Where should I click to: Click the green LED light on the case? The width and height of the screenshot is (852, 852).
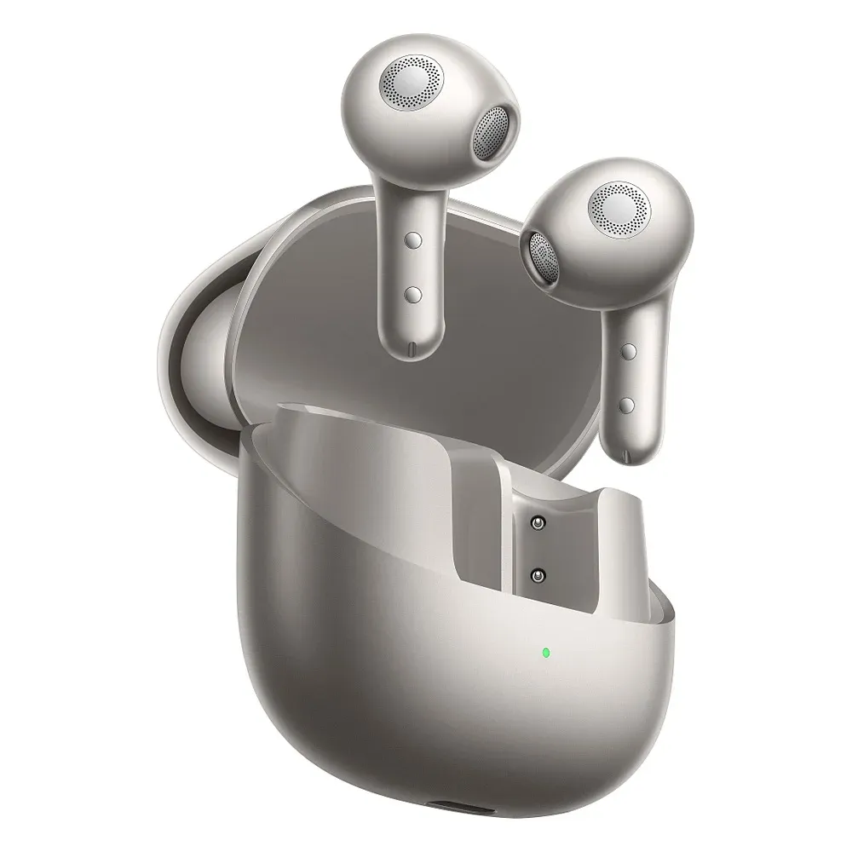pyautogui.click(x=545, y=653)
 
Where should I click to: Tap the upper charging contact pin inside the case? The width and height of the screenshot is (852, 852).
pyautogui.click(x=538, y=522)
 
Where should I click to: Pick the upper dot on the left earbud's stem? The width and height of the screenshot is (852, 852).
pyautogui.click(x=414, y=241)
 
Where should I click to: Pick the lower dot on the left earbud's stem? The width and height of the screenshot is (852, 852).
pyautogui.click(x=414, y=294)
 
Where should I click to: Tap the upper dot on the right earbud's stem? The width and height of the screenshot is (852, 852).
pyautogui.click(x=630, y=350)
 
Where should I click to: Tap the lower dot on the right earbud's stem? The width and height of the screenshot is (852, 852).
pyautogui.click(x=630, y=403)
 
